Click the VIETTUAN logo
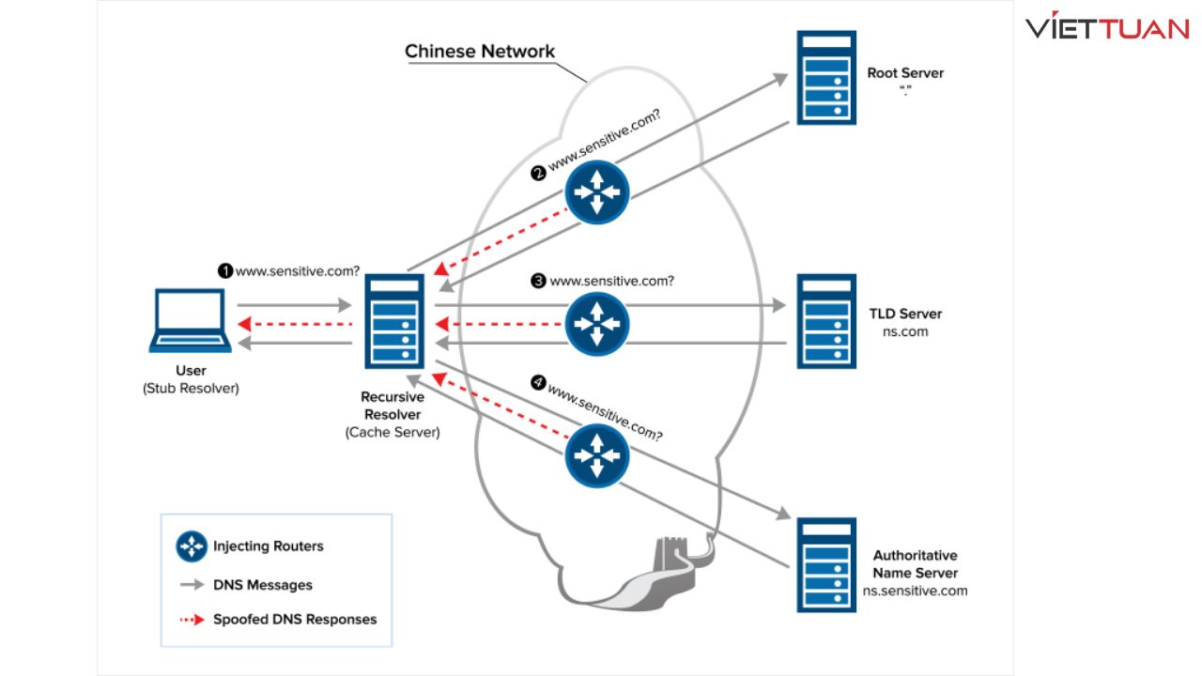click(x=1106, y=28)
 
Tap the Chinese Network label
click(x=480, y=52)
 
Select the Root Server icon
click(x=826, y=78)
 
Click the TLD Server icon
click(x=826, y=322)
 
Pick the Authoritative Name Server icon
click(x=826, y=565)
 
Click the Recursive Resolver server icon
click(x=393, y=322)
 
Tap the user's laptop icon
click(x=190, y=321)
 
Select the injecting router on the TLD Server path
click(x=597, y=323)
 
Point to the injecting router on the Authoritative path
click(x=597, y=455)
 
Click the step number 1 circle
click(x=225, y=271)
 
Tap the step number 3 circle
click(x=538, y=281)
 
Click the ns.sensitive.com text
click(x=915, y=591)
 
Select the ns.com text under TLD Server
click(x=905, y=332)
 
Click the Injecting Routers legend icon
click(x=192, y=546)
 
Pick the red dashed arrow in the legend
click(x=192, y=620)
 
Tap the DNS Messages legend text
click(x=263, y=585)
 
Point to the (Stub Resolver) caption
click(x=191, y=389)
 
